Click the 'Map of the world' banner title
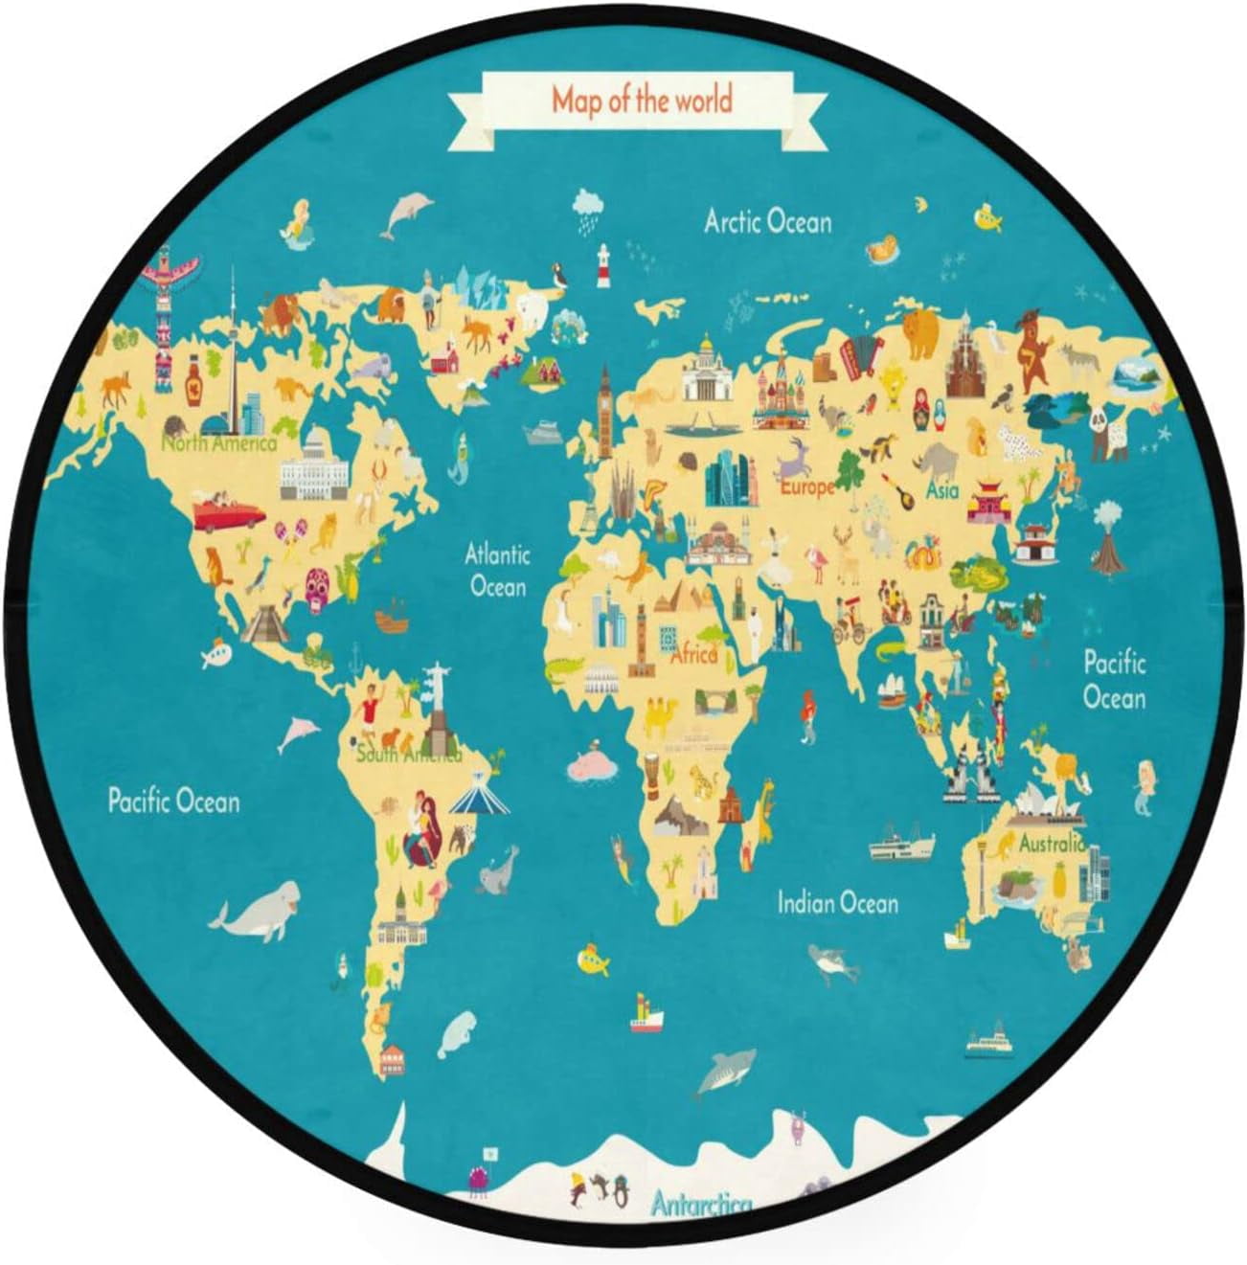pos(641,100)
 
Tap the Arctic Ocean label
pos(767,222)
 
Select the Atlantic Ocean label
pos(497,569)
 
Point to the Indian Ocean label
pos(837,903)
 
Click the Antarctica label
pos(700,1204)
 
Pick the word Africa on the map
pos(693,656)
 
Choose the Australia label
pos(1052,844)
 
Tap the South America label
pos(408,756)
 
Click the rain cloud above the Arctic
pos(587,207)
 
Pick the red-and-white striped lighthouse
pos(603,265)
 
